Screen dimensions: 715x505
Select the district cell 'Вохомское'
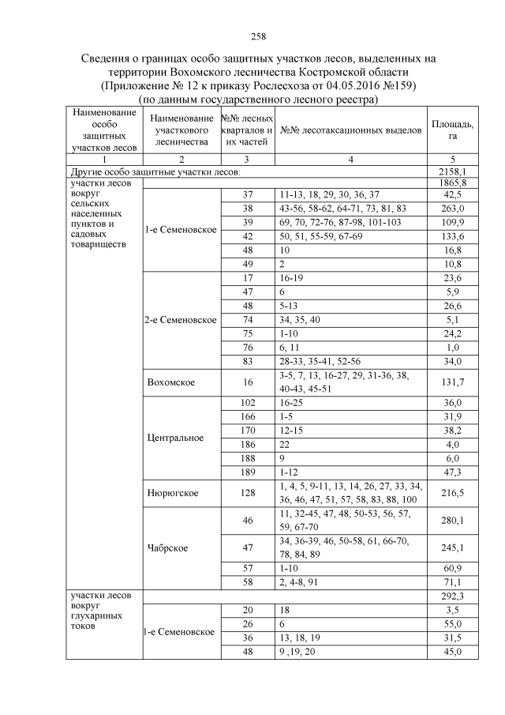(171, 382)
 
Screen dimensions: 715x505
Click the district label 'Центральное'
(175, 437)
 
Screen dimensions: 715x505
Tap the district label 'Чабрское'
(169, 547)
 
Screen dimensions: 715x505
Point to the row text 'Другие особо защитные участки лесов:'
(155, 171)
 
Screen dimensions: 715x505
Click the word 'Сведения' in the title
(112, 59)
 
